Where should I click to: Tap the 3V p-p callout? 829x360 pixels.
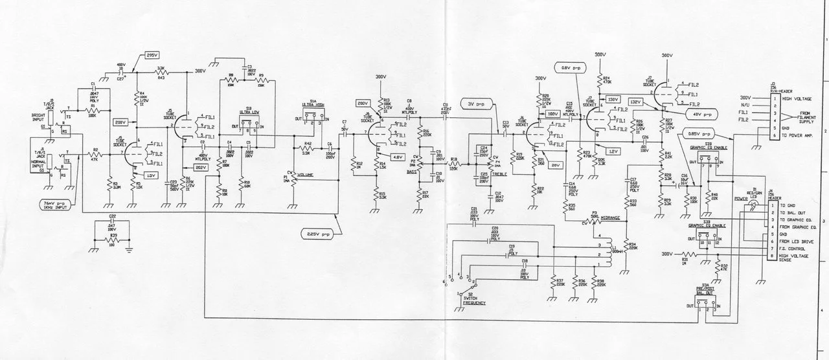(475, 104)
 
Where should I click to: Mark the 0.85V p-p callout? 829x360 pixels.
(698, 134)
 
